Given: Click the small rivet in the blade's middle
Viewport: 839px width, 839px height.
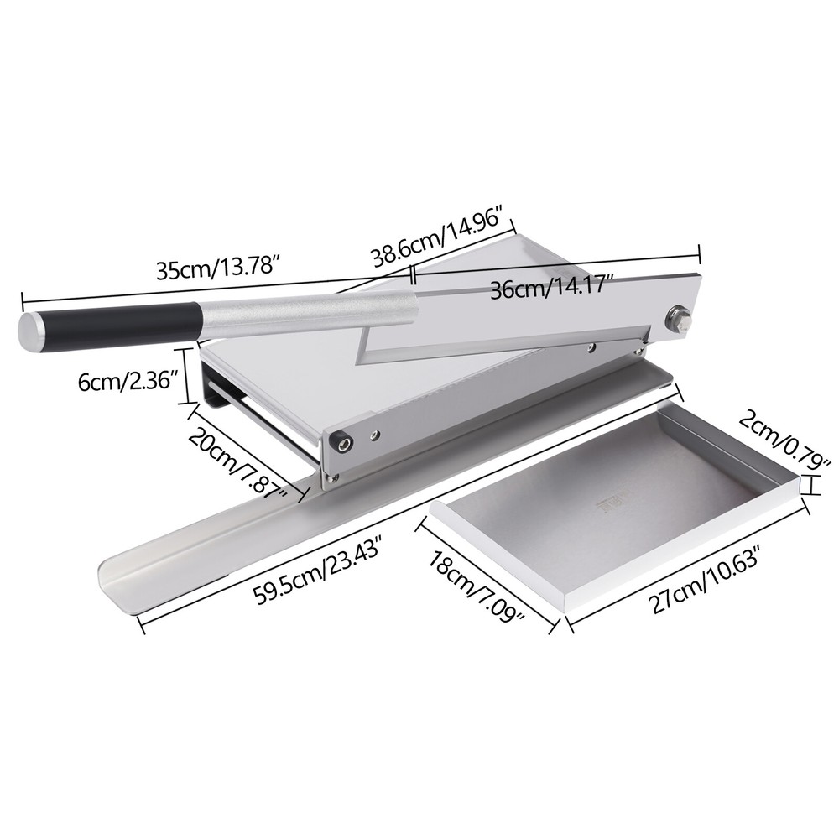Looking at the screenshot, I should coord(592,346).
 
